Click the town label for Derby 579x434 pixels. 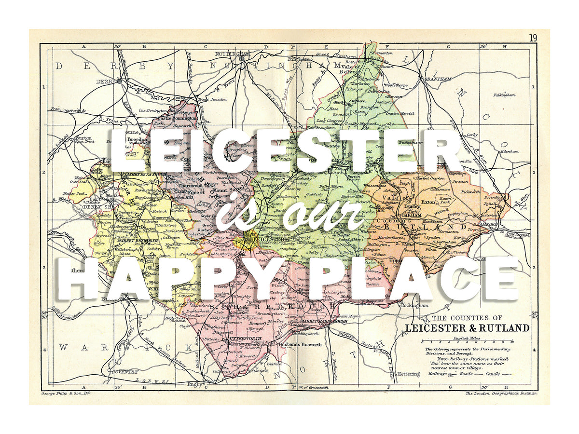105,81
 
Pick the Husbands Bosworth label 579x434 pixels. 301,344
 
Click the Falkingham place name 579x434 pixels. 504,95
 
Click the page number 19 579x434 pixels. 533,38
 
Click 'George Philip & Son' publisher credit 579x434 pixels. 66,394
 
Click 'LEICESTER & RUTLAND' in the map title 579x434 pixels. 467,328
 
